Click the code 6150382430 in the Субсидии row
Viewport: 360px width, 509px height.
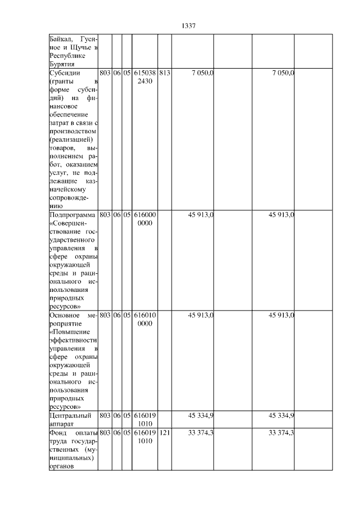click(145, 77)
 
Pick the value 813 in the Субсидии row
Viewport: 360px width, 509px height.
click(165, 73)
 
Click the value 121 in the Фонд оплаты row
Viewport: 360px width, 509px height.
click(165, 433)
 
